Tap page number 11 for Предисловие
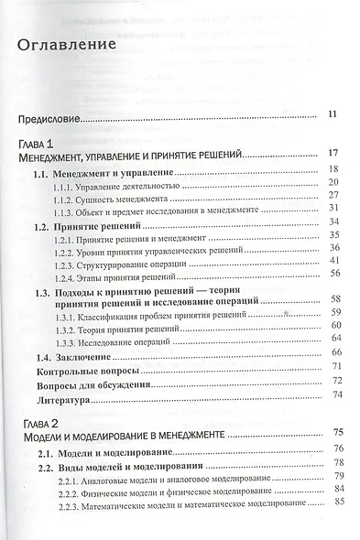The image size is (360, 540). pyautogui.click(x=333, y=114)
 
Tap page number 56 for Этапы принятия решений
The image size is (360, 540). pyautogui.click(x=334, y=273)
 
